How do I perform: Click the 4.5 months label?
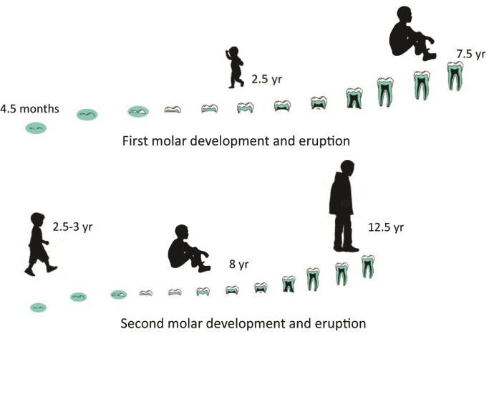[x=29, y=109]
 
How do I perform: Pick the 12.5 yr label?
[x=386, y=227]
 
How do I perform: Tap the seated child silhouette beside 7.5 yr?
[x=412, y=33]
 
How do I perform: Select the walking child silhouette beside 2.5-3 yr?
[x=39, y=244]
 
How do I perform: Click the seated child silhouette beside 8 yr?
[x=188, y=248]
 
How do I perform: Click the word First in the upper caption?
[x=136, y=141]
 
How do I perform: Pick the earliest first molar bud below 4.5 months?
[x=37, y=128]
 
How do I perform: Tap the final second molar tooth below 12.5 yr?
[x=367, y=267]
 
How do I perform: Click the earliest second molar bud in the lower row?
[x=38, y=307]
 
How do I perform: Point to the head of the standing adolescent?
[x=347, y=168]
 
